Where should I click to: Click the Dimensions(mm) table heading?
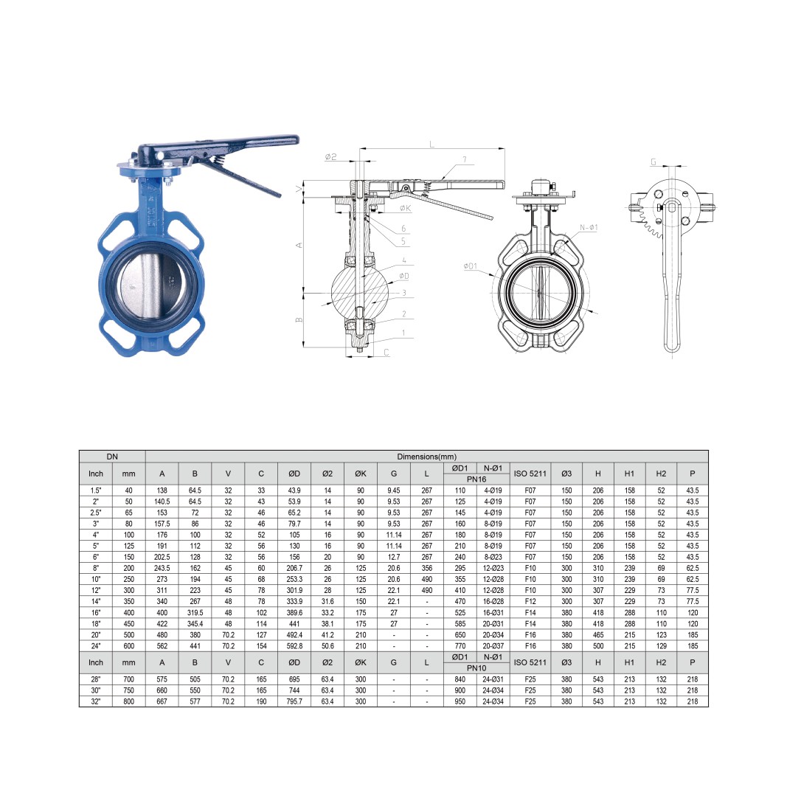pos(426,457)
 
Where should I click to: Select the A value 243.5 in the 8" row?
pos(162,568)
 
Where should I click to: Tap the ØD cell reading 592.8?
pos(294,646)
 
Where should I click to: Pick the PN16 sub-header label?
pos(476,479)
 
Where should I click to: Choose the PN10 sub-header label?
pos(476,668)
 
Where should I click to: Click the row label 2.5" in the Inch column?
pos(95,513)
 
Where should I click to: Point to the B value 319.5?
pos(195,613)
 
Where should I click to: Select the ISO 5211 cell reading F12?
pos(530,601)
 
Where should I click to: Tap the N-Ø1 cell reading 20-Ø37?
pos(493,646)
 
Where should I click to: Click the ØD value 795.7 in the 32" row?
pos(294,701)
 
